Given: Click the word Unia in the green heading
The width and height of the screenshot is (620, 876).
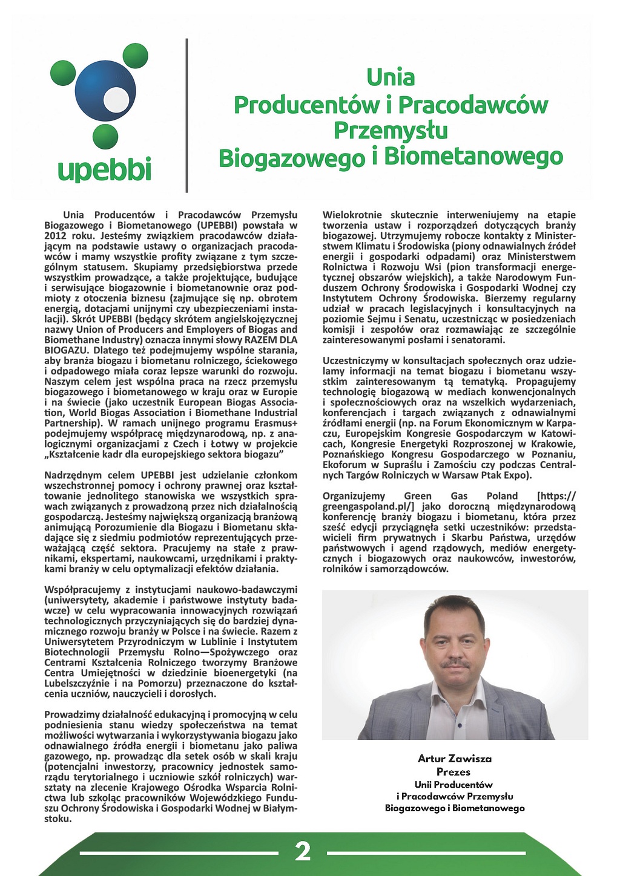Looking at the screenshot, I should click(391, 77).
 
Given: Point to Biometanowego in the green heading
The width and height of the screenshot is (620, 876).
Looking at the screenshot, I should click(473, 157).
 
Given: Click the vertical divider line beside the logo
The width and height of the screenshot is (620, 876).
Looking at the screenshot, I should click(186, 115).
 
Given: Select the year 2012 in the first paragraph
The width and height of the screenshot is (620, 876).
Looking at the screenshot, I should click(56, 236).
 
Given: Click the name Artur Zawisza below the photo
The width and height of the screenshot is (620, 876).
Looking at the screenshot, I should click(454, 759).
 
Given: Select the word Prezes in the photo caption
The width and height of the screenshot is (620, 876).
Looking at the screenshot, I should click(453, 772).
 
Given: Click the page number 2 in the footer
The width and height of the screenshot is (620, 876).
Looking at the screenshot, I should click(303, 851).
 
